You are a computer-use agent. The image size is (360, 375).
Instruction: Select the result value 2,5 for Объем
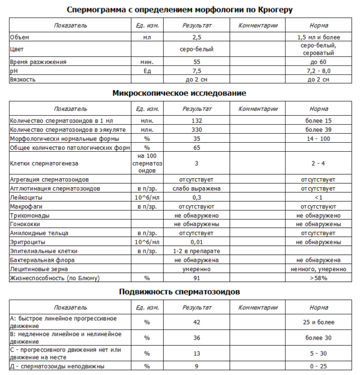(196, 37)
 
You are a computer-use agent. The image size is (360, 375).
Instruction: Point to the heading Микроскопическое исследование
(179, 94)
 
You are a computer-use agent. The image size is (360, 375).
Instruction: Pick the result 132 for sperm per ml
(196, 121)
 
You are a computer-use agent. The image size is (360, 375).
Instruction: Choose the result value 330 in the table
(196, 129)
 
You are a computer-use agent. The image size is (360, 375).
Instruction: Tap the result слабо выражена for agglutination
(196, 188)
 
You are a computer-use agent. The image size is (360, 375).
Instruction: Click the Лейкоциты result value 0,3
(196, 197)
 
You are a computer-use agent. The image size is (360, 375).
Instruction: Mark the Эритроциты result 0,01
(196, 241)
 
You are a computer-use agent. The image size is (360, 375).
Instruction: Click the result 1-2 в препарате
(196, 250)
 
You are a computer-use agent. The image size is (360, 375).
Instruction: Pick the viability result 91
(196, 278)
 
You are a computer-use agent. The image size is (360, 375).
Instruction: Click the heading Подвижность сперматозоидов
(179, 292)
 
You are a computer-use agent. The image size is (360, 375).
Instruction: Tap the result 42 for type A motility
(196, 322)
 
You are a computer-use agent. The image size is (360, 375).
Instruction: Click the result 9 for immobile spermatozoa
(196, 365)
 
